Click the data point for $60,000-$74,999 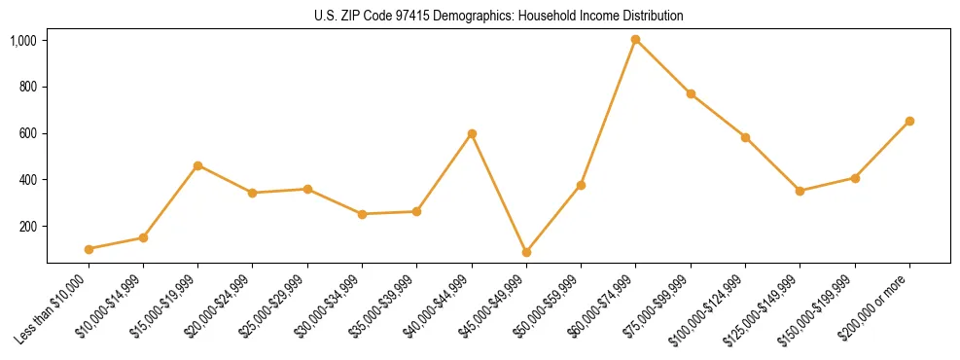[x=636, y=40]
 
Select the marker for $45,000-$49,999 [x=526, y=252]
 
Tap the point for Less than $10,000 [x=89, y=249]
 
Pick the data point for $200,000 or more [x=909, y=121]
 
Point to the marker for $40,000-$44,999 [x=472, y=133]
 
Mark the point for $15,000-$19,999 [x=197, y=165]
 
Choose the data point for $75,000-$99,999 [x=691, y=93]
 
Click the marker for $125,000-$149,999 [x=800, y=191]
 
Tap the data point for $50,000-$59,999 [x=581, y=185]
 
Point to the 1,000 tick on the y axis [x=23, y=41]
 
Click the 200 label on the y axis [x=27, y=227]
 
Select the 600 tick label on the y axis [x=27, y=133]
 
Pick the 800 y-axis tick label [x=27, y=88]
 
